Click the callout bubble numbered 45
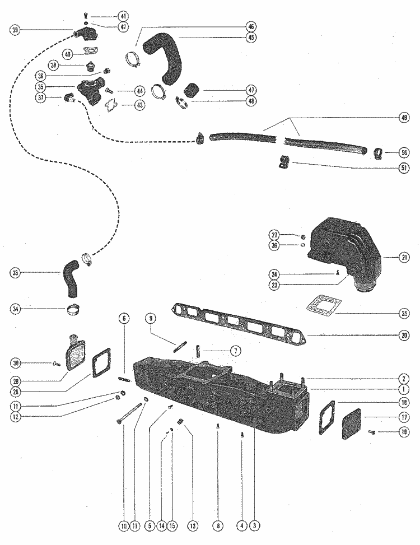(x=250, y=38)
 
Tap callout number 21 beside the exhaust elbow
(x=404, y=258)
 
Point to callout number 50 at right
(x=404, y=152)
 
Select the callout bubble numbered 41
(x=123, y=16)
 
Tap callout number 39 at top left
(x=15, y=30)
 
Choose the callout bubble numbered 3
(x=255, y=525)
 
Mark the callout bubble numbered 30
(x=15, y=363)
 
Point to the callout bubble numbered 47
(x=250, y=90)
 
